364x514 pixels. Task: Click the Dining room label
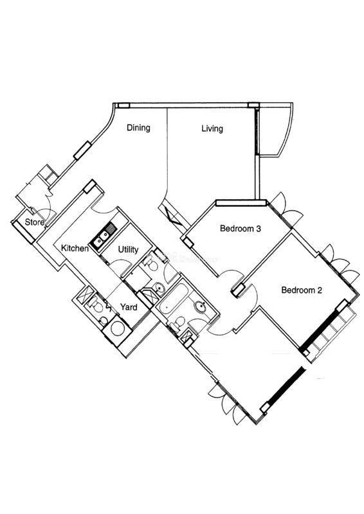138,127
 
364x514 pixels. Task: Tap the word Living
212,128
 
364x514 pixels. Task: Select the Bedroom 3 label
241,228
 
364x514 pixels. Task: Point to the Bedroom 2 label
302,290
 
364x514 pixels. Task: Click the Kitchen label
75,248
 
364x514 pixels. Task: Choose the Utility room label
128,250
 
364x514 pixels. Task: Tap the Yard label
129,307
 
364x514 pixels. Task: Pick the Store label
35,222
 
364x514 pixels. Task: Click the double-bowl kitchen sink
103,235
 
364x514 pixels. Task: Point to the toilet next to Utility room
151,263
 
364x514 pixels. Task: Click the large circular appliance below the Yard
117,328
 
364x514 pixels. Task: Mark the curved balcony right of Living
275,130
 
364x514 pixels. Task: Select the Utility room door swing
120,265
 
